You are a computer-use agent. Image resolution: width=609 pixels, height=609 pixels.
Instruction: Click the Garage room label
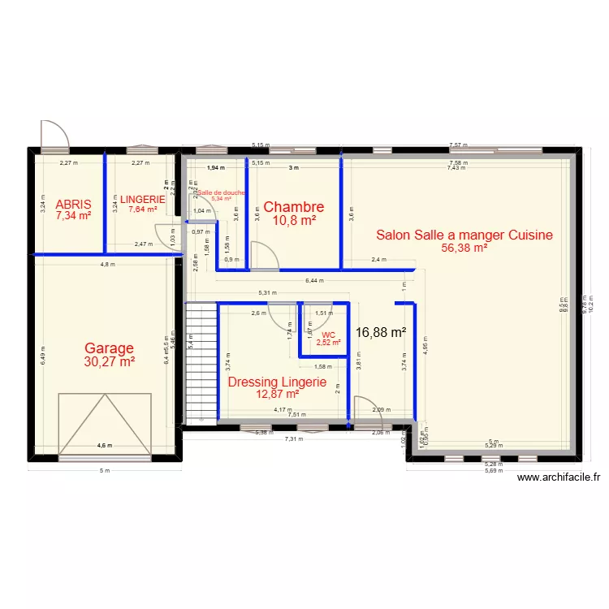pyautogui.click(x=109, y=348)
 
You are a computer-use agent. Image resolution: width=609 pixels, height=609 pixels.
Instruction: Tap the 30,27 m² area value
pyautogui.click(x=109, y=362)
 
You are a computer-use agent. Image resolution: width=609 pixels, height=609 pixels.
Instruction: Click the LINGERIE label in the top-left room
pyautogui.click(x=143, y=200)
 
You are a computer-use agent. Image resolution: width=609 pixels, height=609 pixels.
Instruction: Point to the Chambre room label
pyautogui.click(x=293, y=207)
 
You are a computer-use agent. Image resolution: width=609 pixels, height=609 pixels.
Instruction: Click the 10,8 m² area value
pyautogui.click(x=293, y=220)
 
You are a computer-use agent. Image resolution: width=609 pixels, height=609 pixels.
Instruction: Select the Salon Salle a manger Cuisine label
pyautogui.click(x=464, y=235)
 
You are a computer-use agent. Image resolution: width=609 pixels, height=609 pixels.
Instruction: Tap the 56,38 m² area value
pyautogui.click(x=464, y=248)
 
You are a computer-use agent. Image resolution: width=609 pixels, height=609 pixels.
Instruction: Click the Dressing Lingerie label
pyautogui.click(x=277, y=382)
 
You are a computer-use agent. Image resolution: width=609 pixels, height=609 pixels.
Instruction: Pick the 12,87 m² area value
pyautogui.click(x=277, y=395)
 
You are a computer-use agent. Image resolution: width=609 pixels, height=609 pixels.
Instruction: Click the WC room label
pyautogui.click(x=328, y=335)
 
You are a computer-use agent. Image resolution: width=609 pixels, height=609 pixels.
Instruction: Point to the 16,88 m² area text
pyautogui.click(x=381, y=331)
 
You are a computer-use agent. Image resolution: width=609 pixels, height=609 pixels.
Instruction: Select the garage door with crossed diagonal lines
pyautogui.click(x=106, y=425)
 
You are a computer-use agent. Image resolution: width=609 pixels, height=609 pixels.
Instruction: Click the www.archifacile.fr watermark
pyautogui.click(x=559, y=479)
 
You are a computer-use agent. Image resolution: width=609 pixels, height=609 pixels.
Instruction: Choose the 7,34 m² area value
pyautogui.click(x=72, y=218)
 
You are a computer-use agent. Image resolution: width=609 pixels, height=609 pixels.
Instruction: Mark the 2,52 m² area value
pyautogui.click(x=328, y=343)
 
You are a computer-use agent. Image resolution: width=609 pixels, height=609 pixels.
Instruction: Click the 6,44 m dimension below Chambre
pyautogui.click(x=314, y=281)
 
